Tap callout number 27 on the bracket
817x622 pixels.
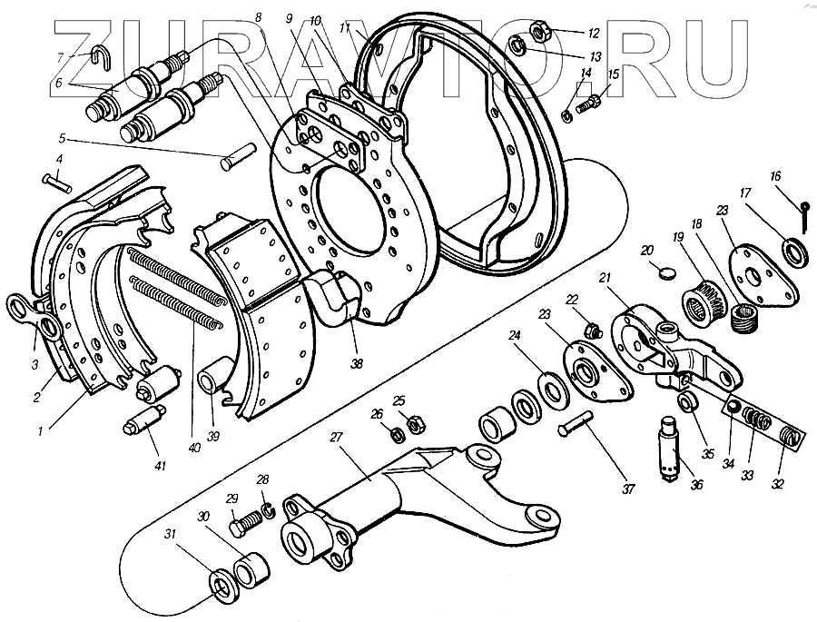(x=336, y=438)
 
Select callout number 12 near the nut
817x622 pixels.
(x=593, y=34)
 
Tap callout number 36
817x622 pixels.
(x=696, y=484)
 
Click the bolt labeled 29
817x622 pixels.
(x=245, y=523)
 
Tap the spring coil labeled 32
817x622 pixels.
(x=791, y=437)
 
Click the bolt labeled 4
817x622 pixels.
(x=56, y=183)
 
